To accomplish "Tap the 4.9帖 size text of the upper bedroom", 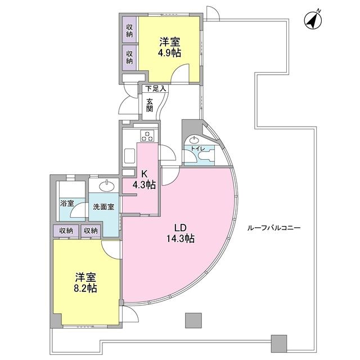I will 169,52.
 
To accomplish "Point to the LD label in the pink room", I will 179,227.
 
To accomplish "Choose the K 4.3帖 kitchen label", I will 145,180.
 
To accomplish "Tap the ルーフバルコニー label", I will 274,228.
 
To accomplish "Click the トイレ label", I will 197,148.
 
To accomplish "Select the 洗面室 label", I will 103,206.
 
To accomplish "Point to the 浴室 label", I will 66,203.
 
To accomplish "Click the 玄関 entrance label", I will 150,105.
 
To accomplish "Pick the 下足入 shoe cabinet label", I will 155,88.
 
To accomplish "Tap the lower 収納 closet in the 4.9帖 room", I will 129,56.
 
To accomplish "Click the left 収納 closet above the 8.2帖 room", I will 66,230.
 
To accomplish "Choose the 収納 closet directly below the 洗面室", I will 91,230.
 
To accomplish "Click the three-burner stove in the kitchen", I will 148,135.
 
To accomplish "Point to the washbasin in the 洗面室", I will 105,186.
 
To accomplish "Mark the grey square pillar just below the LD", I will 192,319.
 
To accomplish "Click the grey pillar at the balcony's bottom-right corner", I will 278,343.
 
